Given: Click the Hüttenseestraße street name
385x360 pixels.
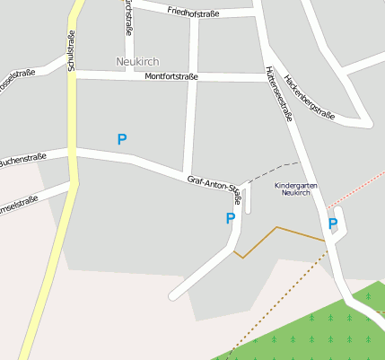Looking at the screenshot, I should tap(279, 93).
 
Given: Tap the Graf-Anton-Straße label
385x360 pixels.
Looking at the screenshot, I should tap(214, 187).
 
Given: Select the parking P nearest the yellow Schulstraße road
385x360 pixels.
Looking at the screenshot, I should tap(122, 139).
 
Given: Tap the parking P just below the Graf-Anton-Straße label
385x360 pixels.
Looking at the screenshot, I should tap(230, 218).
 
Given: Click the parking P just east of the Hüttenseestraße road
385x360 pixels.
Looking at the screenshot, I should tap(333, 224).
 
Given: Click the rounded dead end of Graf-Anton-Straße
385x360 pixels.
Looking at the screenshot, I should tap(175, 294).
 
